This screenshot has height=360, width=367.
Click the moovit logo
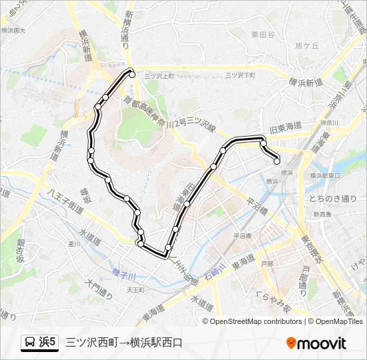pyautogui.click(x=316, y=343)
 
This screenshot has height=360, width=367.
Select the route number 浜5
pyautogui.click(x=48, y=343)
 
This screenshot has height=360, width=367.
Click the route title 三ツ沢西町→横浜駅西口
pyautogui.click(x=123, y=343)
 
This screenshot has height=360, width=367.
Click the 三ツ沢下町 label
pyautogui.click(x=240, y=75)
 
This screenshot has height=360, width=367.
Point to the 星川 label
pyautogui.click(x=73, y=244)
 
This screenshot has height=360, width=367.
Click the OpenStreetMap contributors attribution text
pyautogui.click(x=256, y=321)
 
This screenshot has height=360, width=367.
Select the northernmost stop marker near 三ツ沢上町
pyautogui.click(x=132, y=75)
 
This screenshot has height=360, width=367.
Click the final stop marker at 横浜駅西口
pyautogui.click(x=277, y=160)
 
